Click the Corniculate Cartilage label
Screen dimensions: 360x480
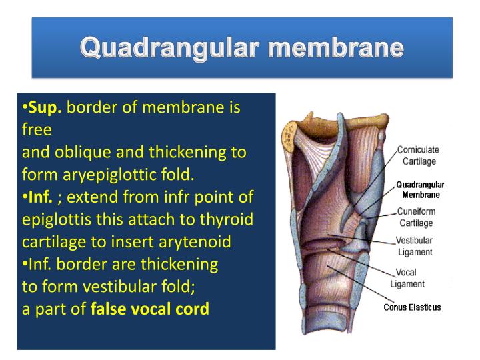pos(419,155)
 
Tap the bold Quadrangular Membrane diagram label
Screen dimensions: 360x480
pos(420,189)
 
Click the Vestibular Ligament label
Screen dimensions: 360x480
pos(414,247)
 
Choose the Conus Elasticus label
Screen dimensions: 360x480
pos(412,307)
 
